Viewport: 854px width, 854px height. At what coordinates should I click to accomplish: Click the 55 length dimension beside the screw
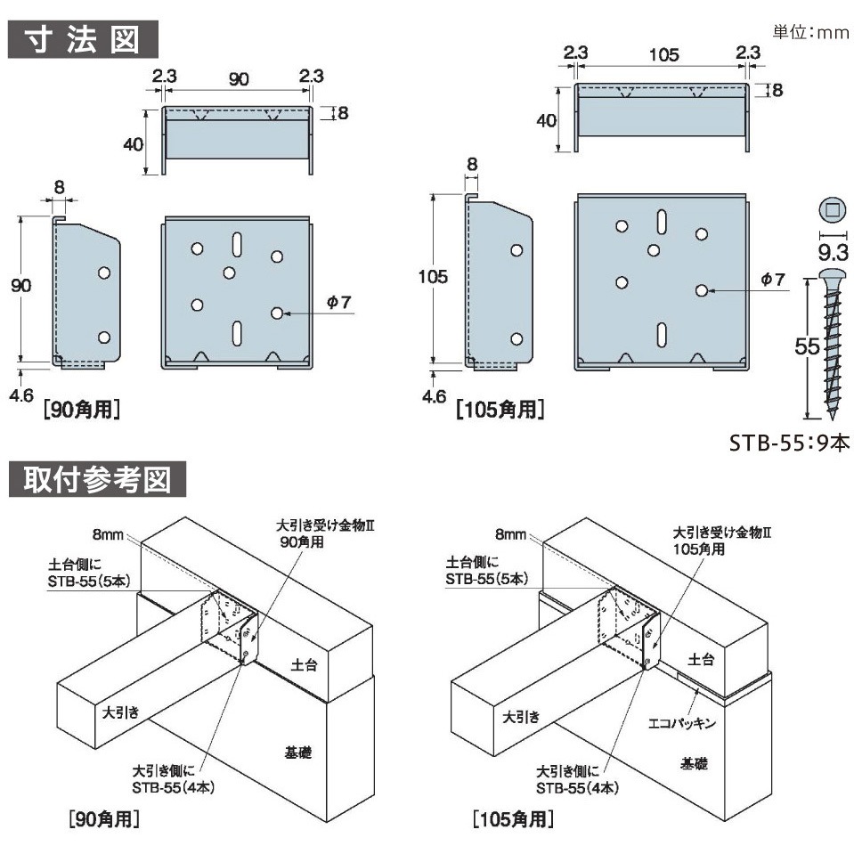coord(807,347)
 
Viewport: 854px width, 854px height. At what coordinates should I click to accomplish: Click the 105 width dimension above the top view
coord(664,55)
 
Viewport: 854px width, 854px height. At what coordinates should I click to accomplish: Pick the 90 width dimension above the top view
coord(238,78)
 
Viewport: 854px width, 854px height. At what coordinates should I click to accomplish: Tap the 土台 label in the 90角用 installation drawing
coord(303,664)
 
